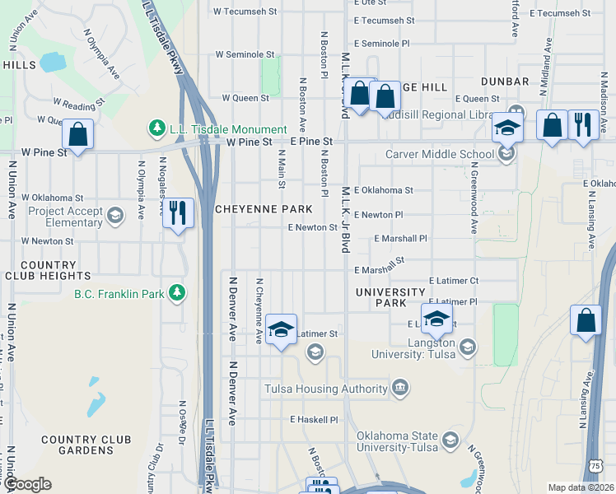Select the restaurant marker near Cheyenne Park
point(178,214)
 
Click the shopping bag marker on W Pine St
point(77,136)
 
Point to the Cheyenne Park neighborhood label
point(251,210)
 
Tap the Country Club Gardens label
point(77,445)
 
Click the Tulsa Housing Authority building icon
point(400,387)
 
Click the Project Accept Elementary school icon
point(114,216)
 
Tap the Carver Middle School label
point(440,155)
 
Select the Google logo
point(27,484)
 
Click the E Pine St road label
point(310,142)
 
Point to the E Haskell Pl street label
point(314,419)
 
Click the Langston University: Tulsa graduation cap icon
point(468,347)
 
